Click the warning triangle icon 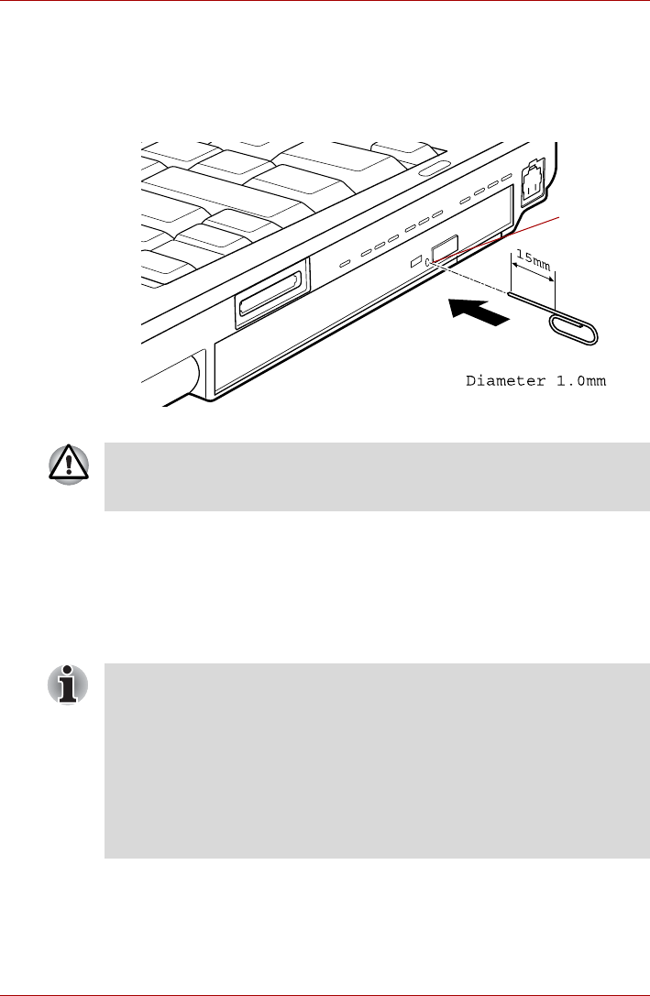pos(70,467)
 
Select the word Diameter pos(503,381)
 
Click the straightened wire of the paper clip pos(532,303)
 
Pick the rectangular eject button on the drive pos(444,249)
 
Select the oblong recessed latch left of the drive pos(270,298)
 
